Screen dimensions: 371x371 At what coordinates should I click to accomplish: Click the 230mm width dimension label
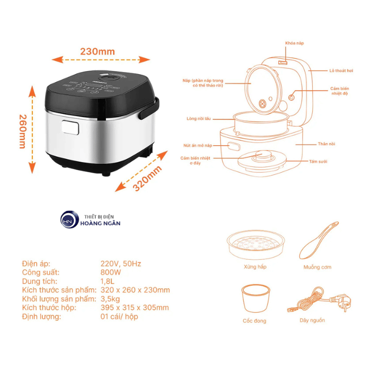[x=98, y=51]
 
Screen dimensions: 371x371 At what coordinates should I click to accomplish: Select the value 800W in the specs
[x=111, y=272]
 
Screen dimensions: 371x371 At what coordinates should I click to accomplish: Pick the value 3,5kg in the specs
[x=111, y=299]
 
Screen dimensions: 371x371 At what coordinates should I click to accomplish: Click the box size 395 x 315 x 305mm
[x=135, y=308]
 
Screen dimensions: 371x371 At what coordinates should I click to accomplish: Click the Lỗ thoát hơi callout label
[x=341, y=70]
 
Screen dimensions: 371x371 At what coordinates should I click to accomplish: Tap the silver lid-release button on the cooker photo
[x=69, y=127]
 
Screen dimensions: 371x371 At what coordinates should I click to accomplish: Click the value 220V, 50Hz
[x=121, y=263]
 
